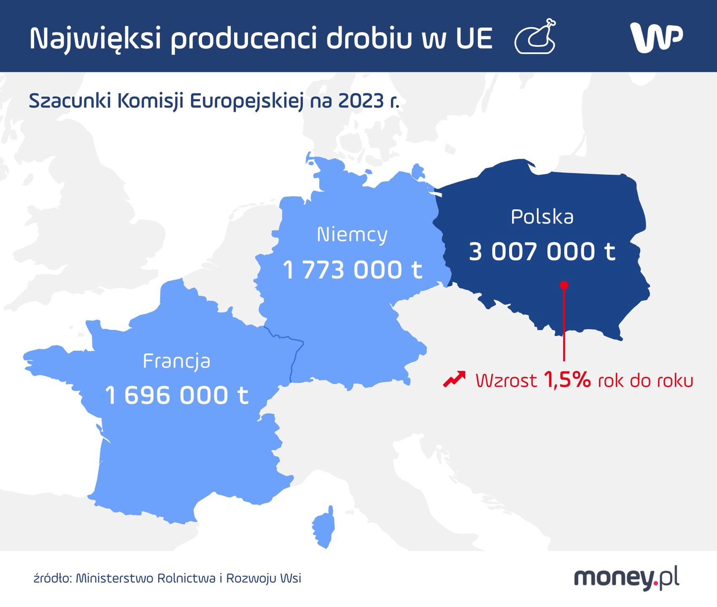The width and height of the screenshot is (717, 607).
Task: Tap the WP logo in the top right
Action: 656,37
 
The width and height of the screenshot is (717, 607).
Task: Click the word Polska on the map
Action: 542,217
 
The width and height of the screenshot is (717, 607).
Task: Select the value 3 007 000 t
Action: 542,252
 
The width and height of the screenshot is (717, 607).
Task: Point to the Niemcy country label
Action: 352,235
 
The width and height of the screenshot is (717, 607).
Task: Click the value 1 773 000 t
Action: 352,270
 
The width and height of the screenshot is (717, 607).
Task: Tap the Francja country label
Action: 176,361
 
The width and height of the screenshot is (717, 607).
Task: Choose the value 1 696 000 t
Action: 176,396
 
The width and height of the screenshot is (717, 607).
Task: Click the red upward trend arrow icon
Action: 454,379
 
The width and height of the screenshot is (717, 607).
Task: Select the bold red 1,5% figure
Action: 567,380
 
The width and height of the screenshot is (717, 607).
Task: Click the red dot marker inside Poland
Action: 564,285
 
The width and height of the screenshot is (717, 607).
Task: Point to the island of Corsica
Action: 324,526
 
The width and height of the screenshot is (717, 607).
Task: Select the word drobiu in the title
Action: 369,38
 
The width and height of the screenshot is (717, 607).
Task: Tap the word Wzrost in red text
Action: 506,381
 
